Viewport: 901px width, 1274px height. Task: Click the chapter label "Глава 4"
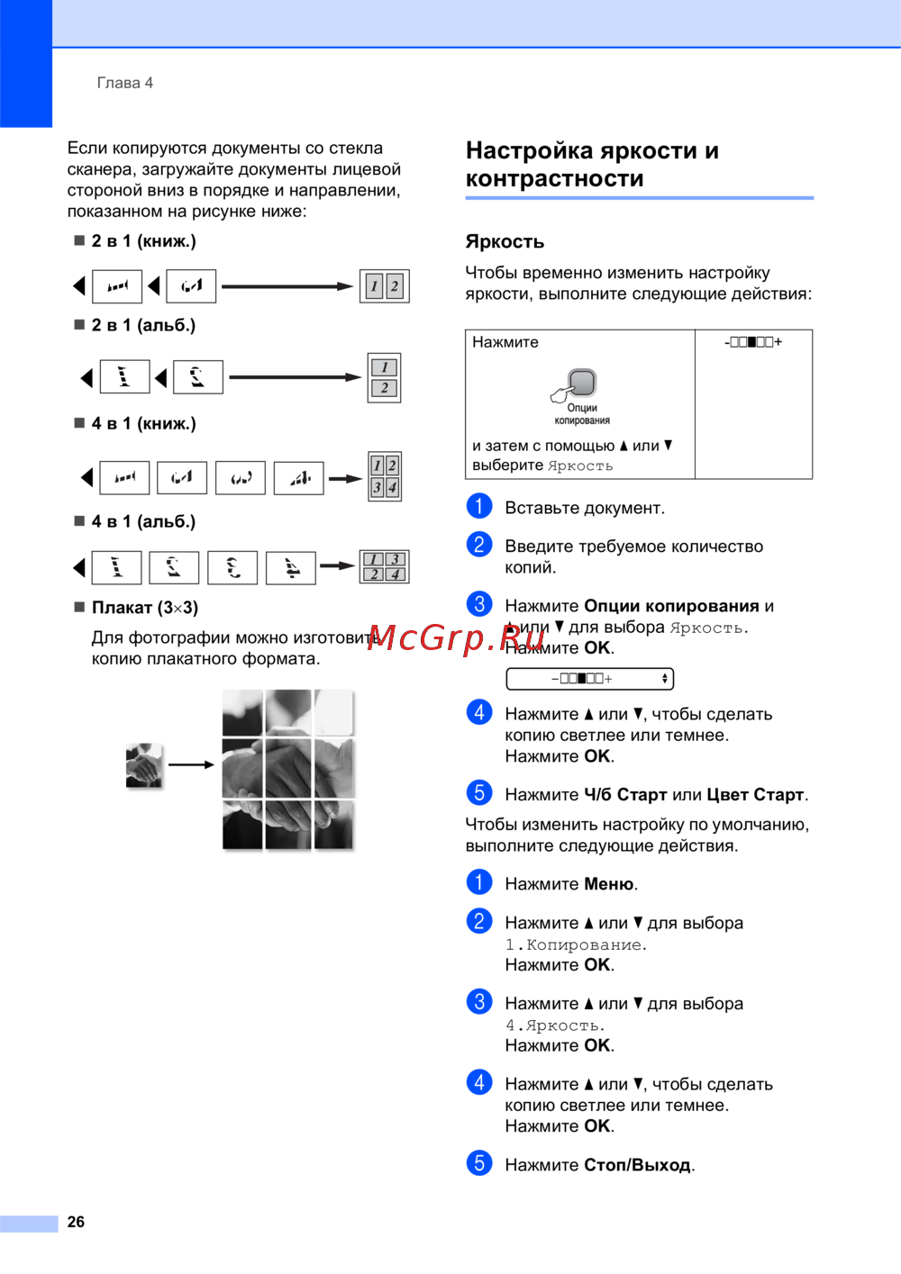tap(124, 83)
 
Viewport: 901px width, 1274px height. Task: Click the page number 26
tap(76, 1222)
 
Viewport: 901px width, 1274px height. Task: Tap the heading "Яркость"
tap(505, 241)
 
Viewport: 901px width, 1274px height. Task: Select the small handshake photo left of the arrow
tap(144, 765)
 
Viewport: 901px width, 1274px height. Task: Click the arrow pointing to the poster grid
tap(191, 765)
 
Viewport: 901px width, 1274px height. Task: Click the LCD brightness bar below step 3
tap(589, 679)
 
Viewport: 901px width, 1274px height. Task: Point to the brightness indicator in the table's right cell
tap(753, 342)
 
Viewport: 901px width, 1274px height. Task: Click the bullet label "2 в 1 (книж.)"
tap(143, 241)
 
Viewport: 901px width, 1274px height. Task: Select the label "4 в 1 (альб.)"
tap(143, 521)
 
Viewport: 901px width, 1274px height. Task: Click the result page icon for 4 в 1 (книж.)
tap(385, 476)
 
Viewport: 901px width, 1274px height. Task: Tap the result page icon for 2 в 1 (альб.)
tap(384, 377)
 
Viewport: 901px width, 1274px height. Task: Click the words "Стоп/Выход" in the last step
tap(638, 1165)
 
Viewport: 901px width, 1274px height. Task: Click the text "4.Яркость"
tap(554, 1026)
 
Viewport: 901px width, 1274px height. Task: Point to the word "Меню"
tap(609, 884)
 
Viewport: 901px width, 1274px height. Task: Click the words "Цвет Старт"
tap(755, 795)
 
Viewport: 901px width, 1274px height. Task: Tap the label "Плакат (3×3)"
tap(144, 608)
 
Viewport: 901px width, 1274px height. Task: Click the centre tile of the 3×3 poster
tap(288, 768)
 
